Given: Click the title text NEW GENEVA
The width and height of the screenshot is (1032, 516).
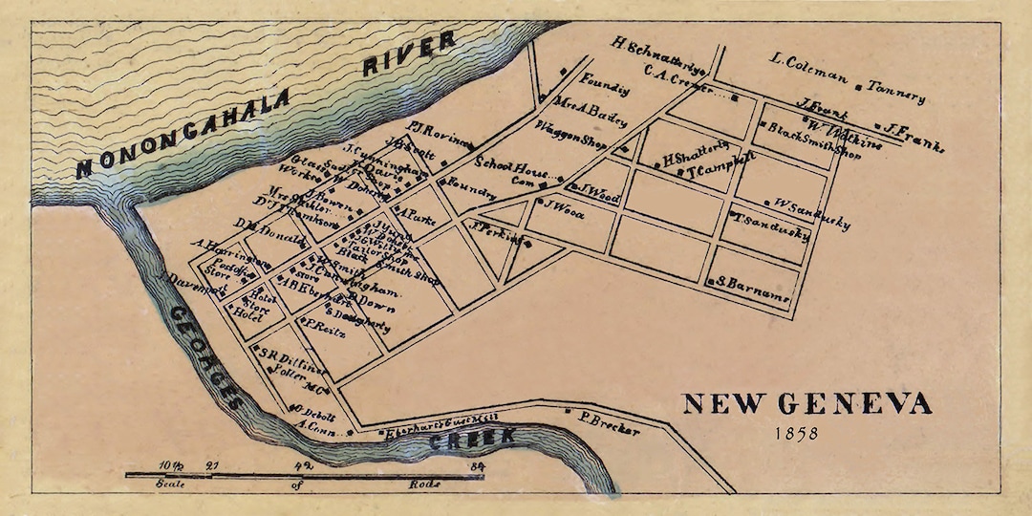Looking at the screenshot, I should [x=806, y=404].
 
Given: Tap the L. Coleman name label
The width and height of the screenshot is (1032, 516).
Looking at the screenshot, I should [x=807, y=63].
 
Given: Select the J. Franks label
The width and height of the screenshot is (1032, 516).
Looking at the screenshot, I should [x=914, y=137].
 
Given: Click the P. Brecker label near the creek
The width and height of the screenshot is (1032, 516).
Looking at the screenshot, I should [x=609, y=424].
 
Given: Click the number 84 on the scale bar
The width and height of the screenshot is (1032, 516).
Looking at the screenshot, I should [x=478, y=466].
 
